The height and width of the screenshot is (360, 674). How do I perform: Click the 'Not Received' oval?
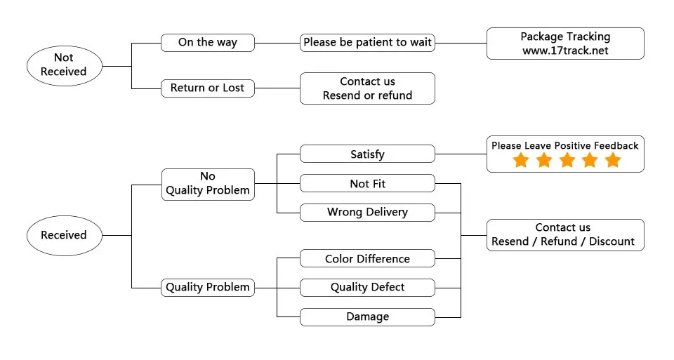[63, 65]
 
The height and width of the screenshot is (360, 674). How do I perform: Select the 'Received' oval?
[63, 235]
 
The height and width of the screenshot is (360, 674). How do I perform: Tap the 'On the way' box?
[207, 42]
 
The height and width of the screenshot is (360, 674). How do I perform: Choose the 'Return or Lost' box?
[207, 88]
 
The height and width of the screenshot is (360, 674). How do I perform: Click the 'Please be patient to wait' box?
[367, 42]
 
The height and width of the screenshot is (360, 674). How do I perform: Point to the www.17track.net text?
[565, 51]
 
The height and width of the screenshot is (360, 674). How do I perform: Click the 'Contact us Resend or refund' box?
[367, 88]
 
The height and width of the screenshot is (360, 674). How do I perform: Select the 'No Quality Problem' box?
[207, 184]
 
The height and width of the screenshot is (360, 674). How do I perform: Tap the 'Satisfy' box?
[367, 154]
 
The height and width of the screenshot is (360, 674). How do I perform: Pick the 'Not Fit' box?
[367, 184]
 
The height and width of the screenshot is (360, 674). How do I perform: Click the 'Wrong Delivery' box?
[367, 212]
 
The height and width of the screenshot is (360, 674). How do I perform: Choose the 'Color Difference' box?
[367, 259]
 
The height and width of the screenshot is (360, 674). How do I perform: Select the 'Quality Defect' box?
[367, 287]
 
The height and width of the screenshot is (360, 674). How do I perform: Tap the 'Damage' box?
[367, 316]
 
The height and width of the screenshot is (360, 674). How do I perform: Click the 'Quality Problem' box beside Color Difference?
[207, 287]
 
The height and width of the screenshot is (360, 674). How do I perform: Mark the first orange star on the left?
[520, 161]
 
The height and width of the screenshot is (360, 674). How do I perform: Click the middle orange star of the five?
[567, 161]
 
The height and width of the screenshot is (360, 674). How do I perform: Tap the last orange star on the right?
[613, 161]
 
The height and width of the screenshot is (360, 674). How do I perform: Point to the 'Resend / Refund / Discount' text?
[563, 241]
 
